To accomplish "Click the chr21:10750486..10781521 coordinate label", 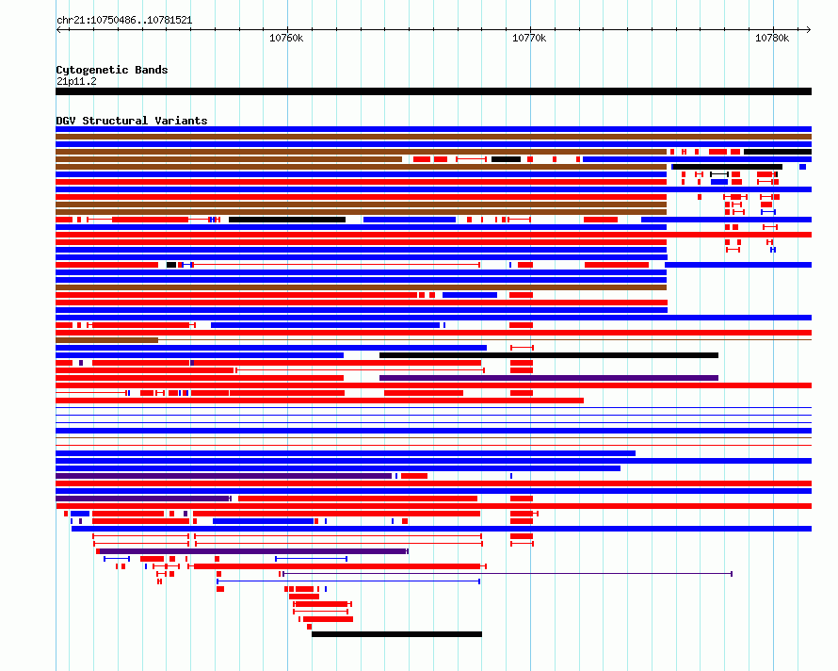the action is tap(124, 21).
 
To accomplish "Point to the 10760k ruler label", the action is tap(286, 38).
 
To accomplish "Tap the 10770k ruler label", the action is tap(529, 38).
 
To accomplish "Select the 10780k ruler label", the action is tap(772, 38).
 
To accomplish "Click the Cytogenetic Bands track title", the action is tap(112, 70).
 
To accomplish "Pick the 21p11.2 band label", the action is tap(76, 81).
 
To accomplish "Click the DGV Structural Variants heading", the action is tap(132, 121).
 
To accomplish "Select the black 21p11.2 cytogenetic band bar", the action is tap(433, 91).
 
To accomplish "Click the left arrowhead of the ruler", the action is tap(58, 30).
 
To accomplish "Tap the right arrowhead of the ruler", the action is tap(809, 30).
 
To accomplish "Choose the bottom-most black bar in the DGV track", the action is tap(396, 634).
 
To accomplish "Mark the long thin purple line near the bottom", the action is tap(508, 574).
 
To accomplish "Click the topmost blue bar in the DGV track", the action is tap(433, 129).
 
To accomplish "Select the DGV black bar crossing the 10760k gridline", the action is tap(287, 220).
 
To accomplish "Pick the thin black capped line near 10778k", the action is tap(719, 174).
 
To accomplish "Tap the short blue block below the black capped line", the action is tap(719, 182).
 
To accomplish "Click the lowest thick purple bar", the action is tap(251, 551).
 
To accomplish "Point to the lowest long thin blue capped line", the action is tap(348, 581).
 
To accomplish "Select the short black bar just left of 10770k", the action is tap(507, 159).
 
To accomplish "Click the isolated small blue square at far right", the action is tap(803, 167).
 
